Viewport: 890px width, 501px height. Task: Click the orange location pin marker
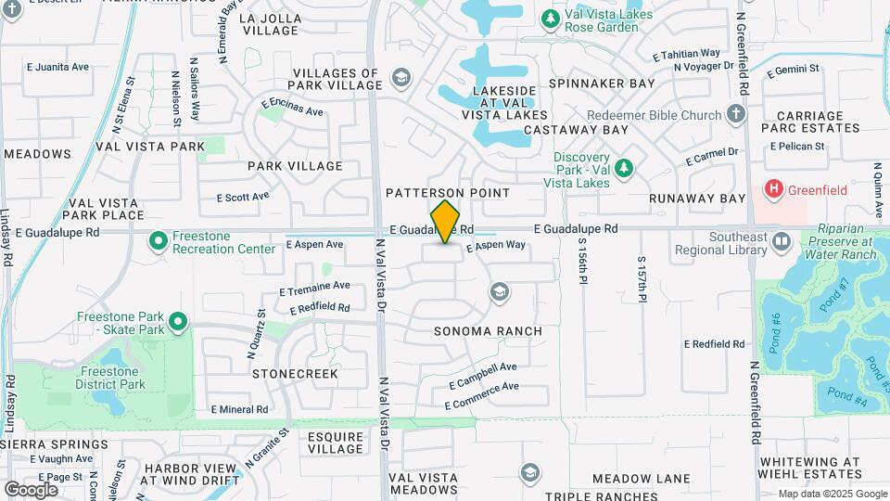pyautogui.click(x=446, y=222)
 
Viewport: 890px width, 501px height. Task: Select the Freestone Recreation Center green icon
pyautogui.click(x=158, y=242)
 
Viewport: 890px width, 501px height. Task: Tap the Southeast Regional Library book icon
pyautogui.click(x=781, y=242)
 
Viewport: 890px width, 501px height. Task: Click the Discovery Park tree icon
pyautogui.click(x=624, y=168)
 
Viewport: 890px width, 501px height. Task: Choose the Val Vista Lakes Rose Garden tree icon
pyautogui.click(x=551, y=19)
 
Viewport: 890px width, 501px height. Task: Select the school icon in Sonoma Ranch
pyautogui.click(x=500, y=293)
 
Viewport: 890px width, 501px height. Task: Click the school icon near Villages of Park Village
pyautogui.click(x=400, y=77)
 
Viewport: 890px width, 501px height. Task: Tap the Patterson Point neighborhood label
pyautogui.click(x=448, y=193)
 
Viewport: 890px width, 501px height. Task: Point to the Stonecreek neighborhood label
pyautogui.click(x=296, y=373)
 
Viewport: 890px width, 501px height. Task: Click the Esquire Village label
pyautogui.click(x=336, y=442)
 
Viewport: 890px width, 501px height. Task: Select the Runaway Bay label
pyautogui.click(x=697, y=199)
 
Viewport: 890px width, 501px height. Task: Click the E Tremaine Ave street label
pyautogui.click(x=315, y=288)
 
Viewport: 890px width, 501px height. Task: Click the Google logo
pyautogui.click(x=31, y=489)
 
